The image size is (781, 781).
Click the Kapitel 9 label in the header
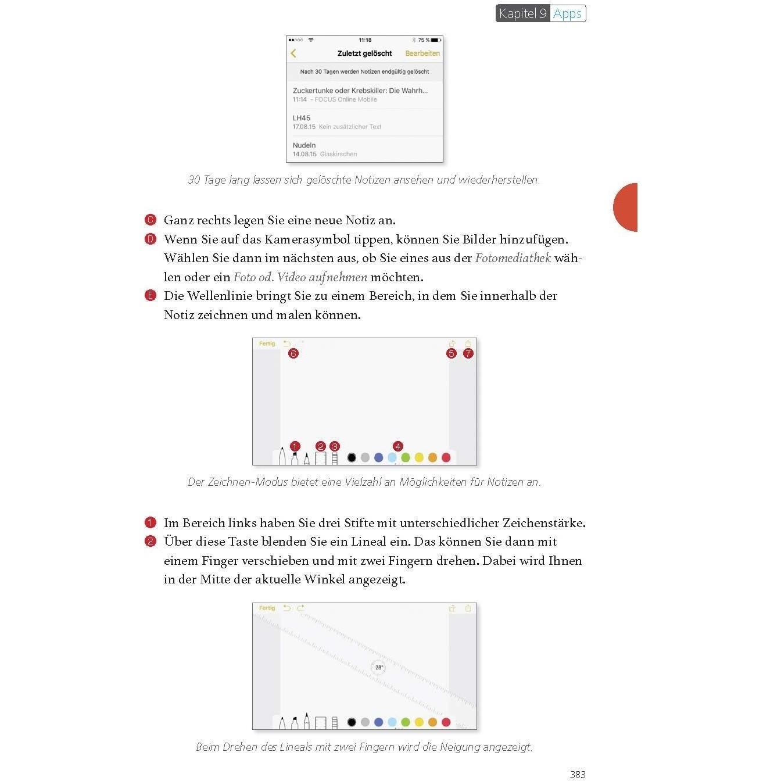click(522, 13)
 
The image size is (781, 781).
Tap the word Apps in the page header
click(567, 13)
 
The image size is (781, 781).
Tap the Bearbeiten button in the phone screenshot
click(422, 53)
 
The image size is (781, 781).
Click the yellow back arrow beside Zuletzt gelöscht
click(293, 53)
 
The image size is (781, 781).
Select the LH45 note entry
click(302, 118)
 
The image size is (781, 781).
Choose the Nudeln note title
click(304, 145)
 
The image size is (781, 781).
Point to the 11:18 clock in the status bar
click(365, 40)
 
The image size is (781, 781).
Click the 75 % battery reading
click(424, 40)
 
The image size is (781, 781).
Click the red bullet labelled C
click(151, 220)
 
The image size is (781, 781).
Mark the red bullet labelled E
click(151, 296)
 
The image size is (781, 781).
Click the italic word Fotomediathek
click(513, 258)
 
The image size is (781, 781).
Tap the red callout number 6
click(293, 353)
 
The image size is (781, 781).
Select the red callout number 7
click(468, 353)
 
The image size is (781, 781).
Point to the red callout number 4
click(397, 446)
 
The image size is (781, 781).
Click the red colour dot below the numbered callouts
click(446, 458)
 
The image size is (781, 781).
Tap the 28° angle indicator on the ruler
click(378, 668)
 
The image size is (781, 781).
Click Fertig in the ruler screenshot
click(267, 608)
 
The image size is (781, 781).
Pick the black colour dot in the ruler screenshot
click(352, 722)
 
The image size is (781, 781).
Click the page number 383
click(578, 774)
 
